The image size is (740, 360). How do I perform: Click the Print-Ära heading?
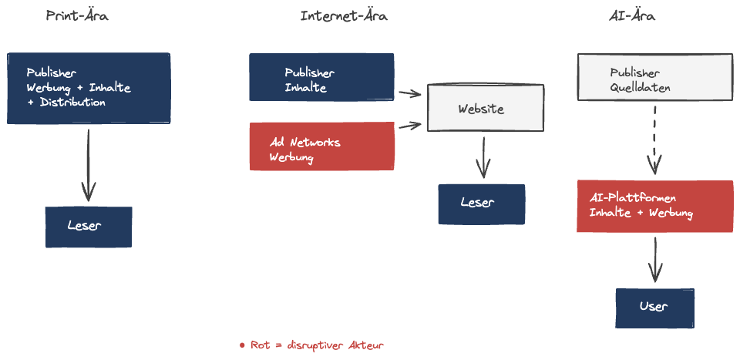77,15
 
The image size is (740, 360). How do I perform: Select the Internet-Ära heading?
344,15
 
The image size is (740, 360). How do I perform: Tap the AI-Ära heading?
632,15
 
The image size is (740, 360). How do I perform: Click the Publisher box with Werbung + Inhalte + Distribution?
88,88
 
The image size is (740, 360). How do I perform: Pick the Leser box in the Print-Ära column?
88,227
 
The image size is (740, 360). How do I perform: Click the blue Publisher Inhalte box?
321,77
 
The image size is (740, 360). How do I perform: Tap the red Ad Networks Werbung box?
321,146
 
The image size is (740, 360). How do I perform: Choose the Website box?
486,108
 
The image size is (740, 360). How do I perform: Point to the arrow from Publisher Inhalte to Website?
409,94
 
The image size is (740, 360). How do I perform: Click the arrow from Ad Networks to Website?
409,126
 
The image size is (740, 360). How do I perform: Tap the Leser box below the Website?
481,204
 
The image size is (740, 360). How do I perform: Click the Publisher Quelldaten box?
654,77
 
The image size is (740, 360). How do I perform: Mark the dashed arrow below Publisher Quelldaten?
655,139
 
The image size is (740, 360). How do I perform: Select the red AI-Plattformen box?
654,206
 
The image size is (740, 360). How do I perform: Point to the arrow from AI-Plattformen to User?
655,259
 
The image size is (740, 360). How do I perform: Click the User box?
655,308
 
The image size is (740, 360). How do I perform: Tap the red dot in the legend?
242,345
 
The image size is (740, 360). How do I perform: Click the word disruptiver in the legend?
314,345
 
